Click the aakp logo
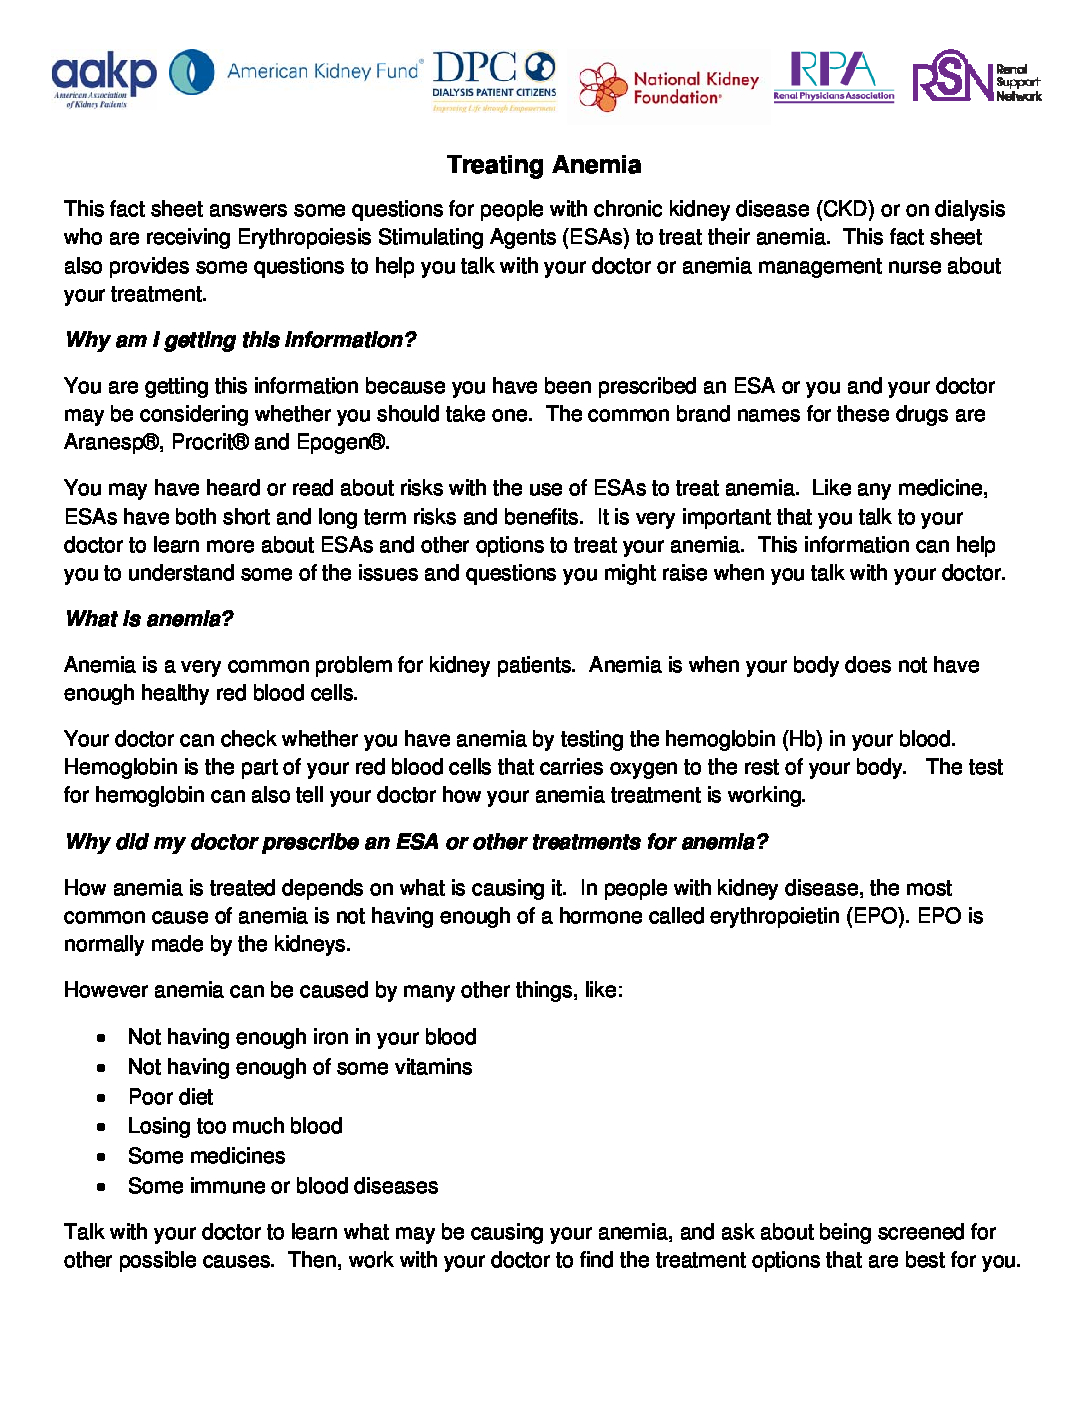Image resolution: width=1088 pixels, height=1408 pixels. pos(103,78)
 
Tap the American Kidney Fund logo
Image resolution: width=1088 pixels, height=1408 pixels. pos(296,72)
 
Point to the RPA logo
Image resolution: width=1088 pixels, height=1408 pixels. pos(833,76)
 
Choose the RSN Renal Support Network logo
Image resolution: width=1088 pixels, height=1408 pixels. pos(976,77)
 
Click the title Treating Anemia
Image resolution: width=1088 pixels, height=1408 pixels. pos(544,165)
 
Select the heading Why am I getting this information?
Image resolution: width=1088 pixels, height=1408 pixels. pos(240,340)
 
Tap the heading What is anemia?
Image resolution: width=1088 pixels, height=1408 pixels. pos(149,619)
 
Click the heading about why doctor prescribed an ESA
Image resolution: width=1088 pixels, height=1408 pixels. pos(416,842)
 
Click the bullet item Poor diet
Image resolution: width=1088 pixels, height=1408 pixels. pos(170,1097)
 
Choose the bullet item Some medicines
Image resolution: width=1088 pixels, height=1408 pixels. pos(206,1156)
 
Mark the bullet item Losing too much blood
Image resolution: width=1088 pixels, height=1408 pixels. pos(235,1126)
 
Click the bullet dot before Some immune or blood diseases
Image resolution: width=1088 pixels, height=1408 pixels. pos(101,1187)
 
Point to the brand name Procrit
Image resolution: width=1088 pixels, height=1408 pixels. pos(209,442)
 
